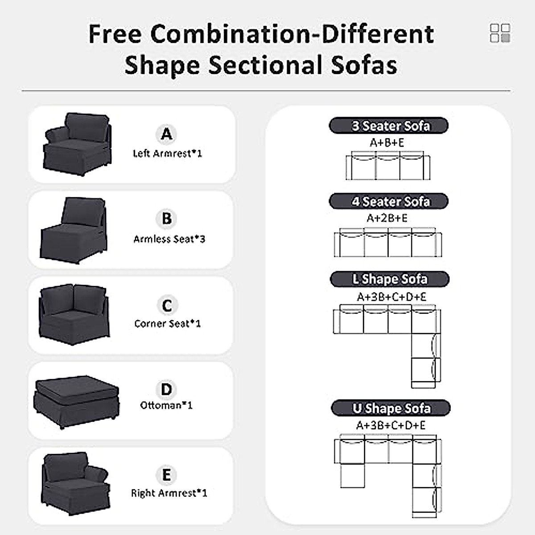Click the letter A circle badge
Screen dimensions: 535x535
[166, 133]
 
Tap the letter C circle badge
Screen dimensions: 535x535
[167, 305]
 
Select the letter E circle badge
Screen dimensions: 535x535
[166, 475]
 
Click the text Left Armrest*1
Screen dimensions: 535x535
[167, 153]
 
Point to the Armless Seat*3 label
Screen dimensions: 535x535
[169, 239]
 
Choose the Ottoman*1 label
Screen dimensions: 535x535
[166, 405]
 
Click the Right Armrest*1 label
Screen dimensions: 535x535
[169, 493]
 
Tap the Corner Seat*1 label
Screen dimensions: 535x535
[168, 324]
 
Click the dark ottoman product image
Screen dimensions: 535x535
[76, 400]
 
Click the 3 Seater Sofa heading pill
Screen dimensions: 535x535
[388, 126]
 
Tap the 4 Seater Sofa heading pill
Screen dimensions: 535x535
[388, 202]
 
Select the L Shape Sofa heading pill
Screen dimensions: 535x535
[389, 279]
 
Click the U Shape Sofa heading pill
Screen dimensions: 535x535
[391, 408]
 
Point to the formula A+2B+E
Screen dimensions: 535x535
[387, 218]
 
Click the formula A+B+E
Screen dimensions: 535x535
[387, 143]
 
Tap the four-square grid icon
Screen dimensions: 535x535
[500, 33]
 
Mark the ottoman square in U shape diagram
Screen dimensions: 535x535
[353, 476]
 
